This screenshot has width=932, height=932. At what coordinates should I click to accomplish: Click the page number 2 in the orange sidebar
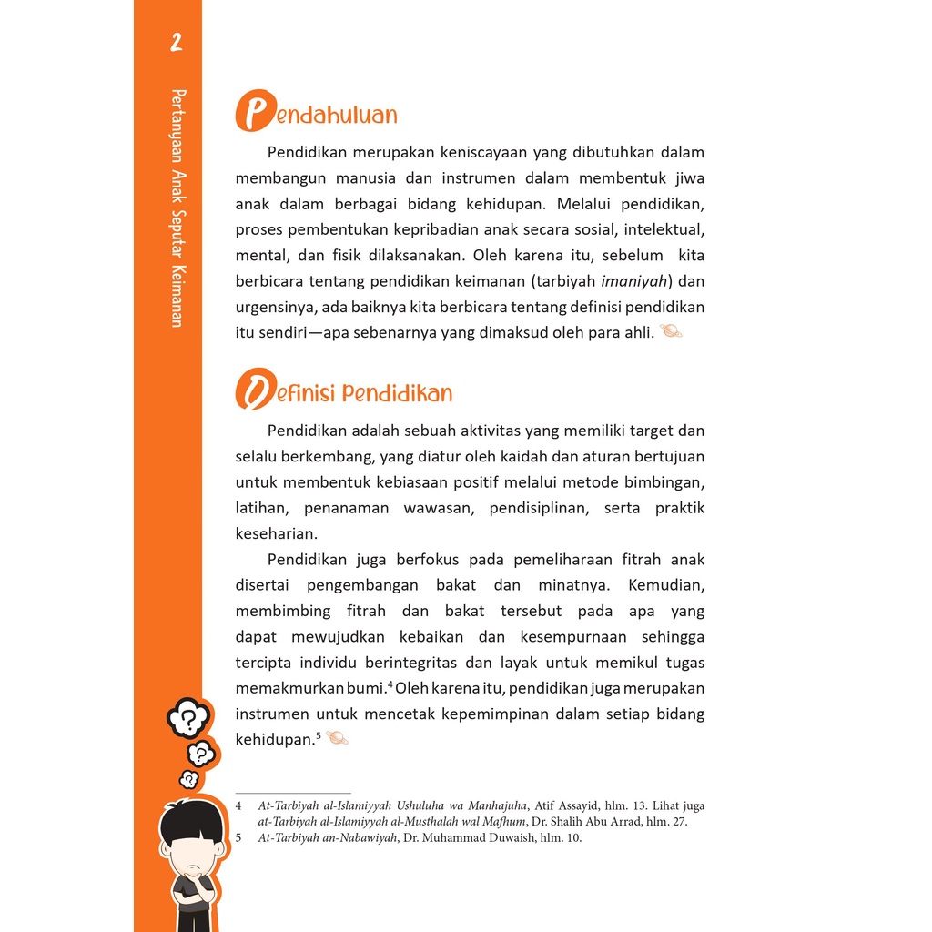[x=176, y=43]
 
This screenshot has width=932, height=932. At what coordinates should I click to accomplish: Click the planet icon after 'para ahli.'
[x=671, y=332]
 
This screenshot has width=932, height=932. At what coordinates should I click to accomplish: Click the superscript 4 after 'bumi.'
[x=389, y=684]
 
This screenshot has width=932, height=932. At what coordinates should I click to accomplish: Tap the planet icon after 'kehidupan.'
[x=337, y=738]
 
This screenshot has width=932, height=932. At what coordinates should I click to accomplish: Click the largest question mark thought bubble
[x=188, y=718]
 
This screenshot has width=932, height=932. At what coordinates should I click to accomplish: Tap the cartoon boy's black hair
[x=191, y=820]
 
